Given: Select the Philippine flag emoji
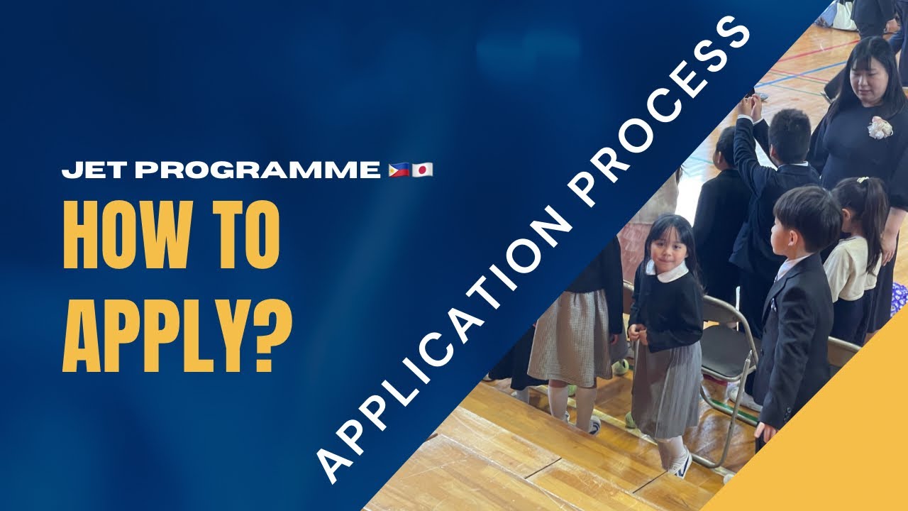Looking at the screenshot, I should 399,170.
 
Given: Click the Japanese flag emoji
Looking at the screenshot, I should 422,170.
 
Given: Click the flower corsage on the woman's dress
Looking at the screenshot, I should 880,128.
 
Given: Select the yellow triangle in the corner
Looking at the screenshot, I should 837,440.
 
